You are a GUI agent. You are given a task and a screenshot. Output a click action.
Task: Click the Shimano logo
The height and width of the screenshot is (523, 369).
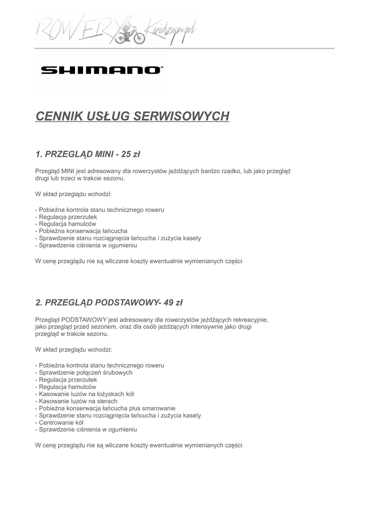pos(102,70)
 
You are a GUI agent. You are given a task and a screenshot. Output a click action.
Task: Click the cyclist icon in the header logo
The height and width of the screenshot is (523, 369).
pos(128,32)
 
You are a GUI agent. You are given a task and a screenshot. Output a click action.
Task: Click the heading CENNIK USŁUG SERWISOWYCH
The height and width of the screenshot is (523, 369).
pos(132,116)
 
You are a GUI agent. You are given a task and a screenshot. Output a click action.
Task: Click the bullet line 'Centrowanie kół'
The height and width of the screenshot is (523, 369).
pos(59,423)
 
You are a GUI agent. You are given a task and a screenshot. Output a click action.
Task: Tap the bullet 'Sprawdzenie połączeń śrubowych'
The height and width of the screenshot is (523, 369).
pos(84,373)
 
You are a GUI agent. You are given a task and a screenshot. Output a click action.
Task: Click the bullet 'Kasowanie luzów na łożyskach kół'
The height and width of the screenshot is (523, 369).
pos(85,394)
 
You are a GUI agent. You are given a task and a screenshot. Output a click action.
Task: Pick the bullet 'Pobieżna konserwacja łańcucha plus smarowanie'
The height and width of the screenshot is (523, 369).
pos(106,409)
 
